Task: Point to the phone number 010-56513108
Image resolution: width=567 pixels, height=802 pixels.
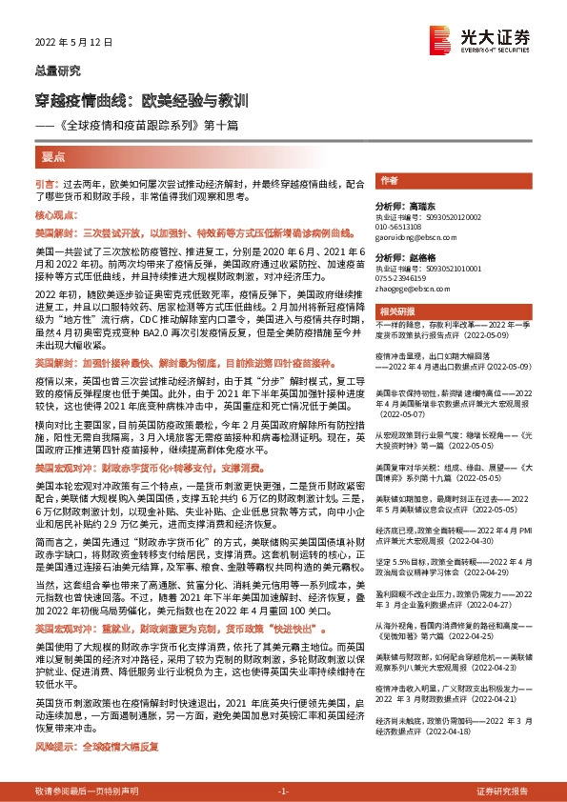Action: tap(405, 226)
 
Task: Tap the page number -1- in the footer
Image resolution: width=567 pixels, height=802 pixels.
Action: tap(282, 792)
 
